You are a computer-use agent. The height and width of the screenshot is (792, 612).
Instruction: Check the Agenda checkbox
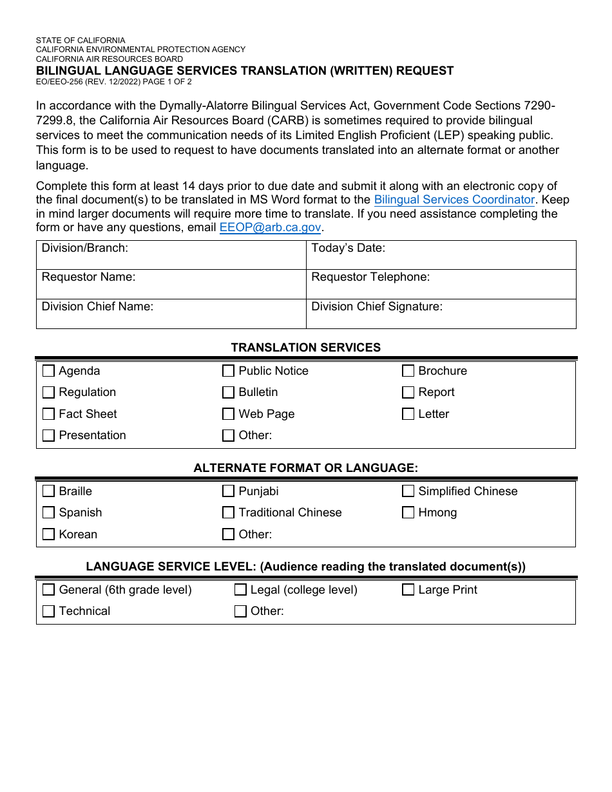48,371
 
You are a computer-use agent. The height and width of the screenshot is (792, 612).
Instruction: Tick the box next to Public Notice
228,371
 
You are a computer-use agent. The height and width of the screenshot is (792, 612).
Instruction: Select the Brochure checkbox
408,371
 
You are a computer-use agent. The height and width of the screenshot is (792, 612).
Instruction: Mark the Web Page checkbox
228,414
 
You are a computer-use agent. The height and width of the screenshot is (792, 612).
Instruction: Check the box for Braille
48,491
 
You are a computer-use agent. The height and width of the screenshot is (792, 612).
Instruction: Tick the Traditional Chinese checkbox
228,513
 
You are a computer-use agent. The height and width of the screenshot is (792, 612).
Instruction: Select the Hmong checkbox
408,513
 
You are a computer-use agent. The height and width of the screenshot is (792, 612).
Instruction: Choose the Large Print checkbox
408,590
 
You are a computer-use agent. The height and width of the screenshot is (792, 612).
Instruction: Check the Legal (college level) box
240,590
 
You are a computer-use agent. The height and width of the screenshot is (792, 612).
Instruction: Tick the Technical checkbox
48,611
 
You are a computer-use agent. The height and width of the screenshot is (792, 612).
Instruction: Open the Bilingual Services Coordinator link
454,200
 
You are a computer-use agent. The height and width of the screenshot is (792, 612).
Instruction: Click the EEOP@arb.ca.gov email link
270,227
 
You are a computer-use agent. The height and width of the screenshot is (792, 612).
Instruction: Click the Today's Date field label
348,248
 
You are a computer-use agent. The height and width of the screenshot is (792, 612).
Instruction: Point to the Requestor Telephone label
370,277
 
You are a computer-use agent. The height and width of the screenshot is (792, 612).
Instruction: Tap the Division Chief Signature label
377,306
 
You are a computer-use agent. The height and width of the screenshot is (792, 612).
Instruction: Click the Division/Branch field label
85,248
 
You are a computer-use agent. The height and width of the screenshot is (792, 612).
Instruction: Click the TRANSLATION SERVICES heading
305,347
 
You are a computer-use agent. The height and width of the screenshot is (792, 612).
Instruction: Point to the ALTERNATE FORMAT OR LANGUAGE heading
305,467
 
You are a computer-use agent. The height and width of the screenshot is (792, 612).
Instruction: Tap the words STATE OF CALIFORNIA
81,40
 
